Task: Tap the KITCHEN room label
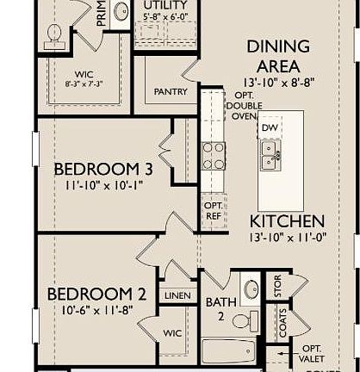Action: tap(287, 220)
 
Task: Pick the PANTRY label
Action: tap(171, 91)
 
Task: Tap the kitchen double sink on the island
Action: tap(270, 155)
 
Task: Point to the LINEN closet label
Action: tap(177, 294)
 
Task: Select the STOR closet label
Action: tap(277, 286)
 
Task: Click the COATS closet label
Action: tap(282, 323)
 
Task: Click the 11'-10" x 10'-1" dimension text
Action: tap(102, 183)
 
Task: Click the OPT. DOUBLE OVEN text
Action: tap(239, 106)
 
